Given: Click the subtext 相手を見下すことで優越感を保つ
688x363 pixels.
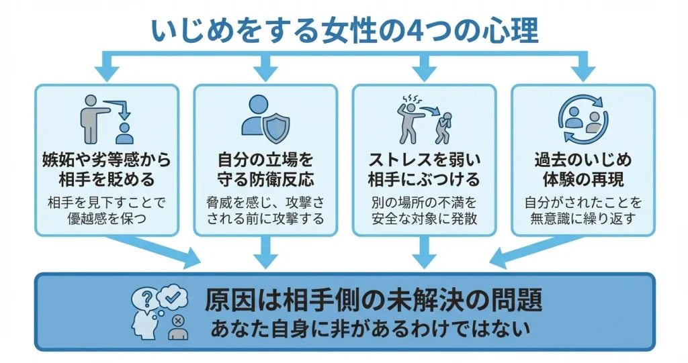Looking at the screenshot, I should (x=107, y=210).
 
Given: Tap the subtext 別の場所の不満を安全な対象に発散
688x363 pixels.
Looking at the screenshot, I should (x=424, y=210).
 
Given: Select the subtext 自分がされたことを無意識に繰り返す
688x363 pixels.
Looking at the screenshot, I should (x=583, y=210).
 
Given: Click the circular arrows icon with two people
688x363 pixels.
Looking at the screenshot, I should (x=582, y=120).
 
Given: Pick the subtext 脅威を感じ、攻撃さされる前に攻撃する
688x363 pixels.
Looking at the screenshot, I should (x=265, y=210).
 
